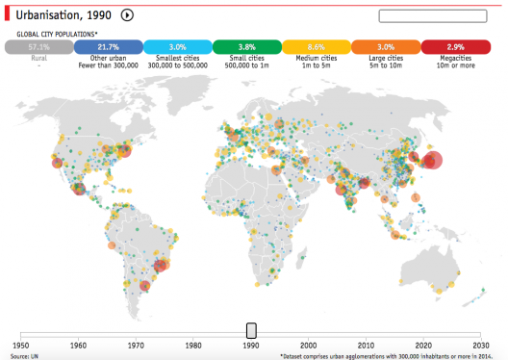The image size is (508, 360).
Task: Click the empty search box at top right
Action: [x=440, y=15]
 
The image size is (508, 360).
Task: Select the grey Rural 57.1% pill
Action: [x=38, y=46]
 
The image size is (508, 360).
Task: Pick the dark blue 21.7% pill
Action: [x=108, y=46]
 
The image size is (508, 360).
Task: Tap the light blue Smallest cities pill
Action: [x=177, y=46]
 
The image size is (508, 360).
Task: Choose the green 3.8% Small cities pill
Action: [x=246, y=46]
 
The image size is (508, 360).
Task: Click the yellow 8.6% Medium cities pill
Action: [x=317, y=46]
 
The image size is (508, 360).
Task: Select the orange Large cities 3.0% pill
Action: [x=386, y=46]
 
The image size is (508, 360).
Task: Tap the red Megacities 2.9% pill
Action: [x=455, y=46]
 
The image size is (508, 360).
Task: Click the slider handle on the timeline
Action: [x=251, y=330]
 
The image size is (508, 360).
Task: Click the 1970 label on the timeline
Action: [x=136, y=345]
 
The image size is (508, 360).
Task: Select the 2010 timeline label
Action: [x=366, y=345]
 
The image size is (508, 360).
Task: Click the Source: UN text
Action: [x=25, y=355]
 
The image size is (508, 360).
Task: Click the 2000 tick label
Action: [x=308, y=345]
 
